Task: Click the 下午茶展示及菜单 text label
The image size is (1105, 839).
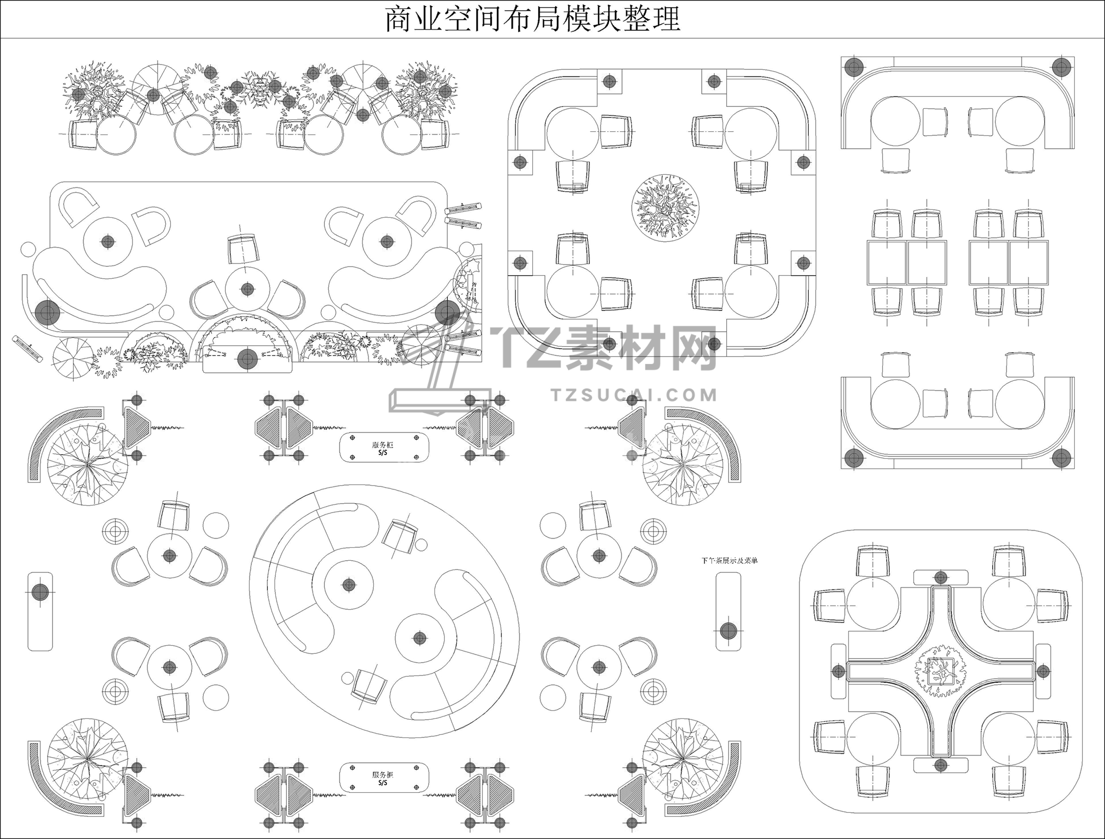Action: point(729,561)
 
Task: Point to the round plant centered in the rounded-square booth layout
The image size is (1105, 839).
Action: point(665,207)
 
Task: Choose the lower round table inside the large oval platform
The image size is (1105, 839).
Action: point(419,638)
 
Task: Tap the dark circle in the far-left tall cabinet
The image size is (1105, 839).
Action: point(40,593)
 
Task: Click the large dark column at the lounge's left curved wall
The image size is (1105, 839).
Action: point(47,313)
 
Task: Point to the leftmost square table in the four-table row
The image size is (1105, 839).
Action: point(887,263)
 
